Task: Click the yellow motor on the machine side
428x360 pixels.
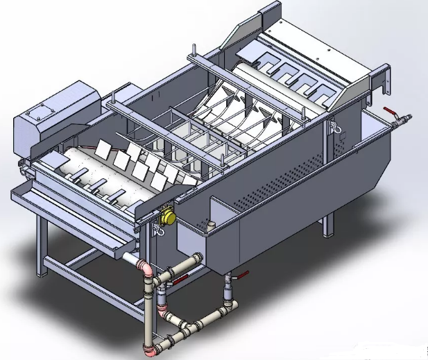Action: point(167,217)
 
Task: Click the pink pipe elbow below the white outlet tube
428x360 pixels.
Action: point(145,268)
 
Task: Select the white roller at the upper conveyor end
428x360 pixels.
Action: point(257,67)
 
